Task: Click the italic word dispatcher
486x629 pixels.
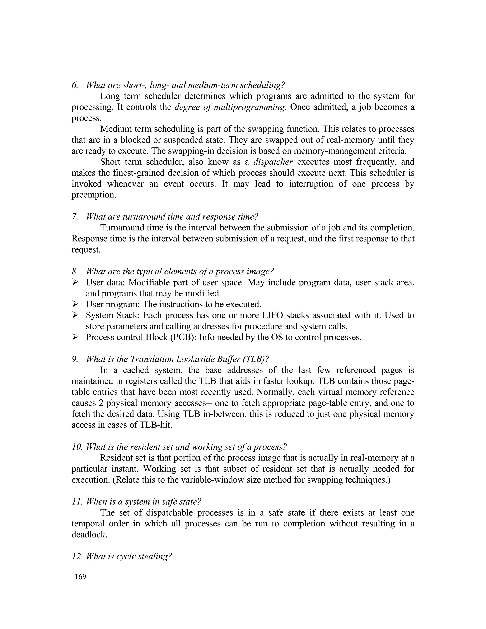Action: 273,162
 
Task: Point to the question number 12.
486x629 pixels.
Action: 77,556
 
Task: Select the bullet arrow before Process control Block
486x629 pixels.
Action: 75,337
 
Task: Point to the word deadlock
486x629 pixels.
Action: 89,535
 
